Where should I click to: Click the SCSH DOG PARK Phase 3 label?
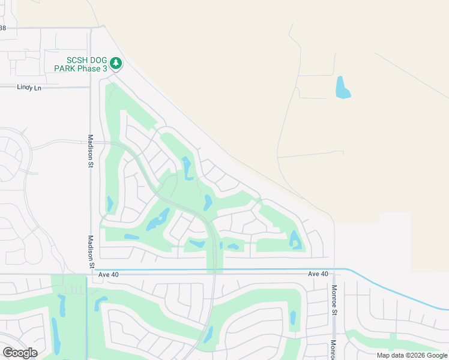pos(87,64)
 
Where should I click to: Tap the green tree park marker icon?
pos(116,63)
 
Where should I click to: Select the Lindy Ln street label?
pos(29,88)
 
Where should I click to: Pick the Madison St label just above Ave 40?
pos(92,256)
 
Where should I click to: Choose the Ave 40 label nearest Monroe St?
pos(318,274)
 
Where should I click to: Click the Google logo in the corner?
pos(20,353)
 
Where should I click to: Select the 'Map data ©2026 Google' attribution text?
pos(412,355)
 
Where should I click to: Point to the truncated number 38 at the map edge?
pos(2,28)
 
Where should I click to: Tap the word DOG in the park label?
pos(99,59)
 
